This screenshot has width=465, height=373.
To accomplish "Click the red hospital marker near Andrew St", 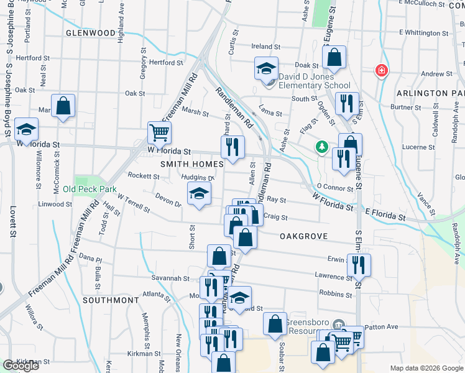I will [x=381, y=71].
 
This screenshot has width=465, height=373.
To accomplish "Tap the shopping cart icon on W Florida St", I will [x=159, y=132].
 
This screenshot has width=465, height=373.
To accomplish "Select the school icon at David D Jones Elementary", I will [x=266, y=68].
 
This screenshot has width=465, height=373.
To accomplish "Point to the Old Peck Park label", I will [x=90, y=188].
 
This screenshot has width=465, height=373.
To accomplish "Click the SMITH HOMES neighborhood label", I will [x=191, y=164].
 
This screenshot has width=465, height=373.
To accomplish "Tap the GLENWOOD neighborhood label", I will [x=90, y=32].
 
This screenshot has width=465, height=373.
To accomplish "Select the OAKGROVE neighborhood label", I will [x=304, y=236].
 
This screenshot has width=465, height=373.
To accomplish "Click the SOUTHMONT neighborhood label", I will [x=111, y=300].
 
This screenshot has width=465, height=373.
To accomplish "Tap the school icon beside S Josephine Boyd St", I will [x=26, y=129].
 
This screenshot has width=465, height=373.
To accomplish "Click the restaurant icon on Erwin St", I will [x=359, y=264].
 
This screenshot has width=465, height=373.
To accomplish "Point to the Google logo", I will [x=21, y=366].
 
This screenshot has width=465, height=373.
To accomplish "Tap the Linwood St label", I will [x=50, y=204].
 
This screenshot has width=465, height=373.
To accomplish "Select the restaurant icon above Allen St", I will [x=233, y=147].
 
